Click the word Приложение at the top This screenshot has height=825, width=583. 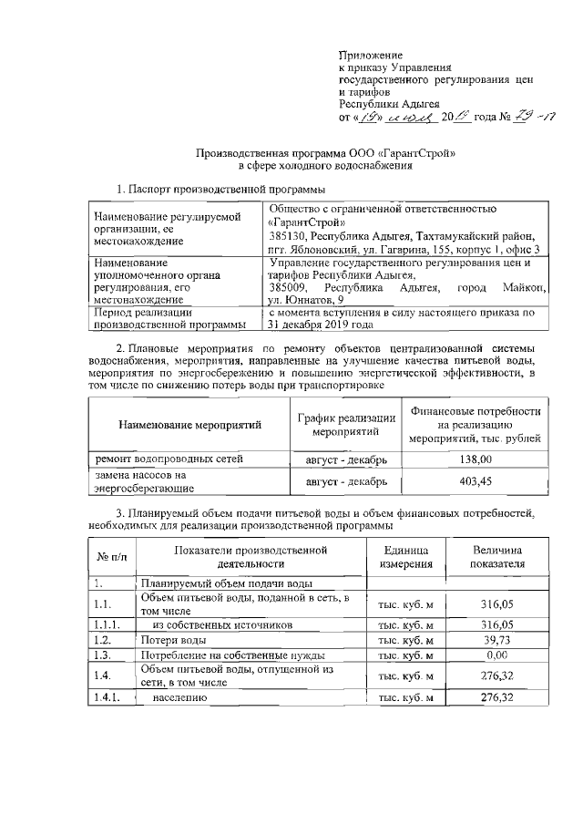point(370,57)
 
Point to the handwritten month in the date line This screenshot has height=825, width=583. point(405,117)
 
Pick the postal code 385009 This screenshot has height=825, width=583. point(291,287)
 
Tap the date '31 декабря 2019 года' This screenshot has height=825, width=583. point(319,324)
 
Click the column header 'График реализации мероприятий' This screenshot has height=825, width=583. point(346,424)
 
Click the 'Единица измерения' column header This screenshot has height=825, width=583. point(407,557)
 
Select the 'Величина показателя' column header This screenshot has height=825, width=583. point(496,557)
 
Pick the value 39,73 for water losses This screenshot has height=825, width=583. point(496,641)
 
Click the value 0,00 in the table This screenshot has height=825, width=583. point(496,655)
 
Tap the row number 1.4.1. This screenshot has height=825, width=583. point(106,697)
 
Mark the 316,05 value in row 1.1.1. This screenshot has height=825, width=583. point(496,625)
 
